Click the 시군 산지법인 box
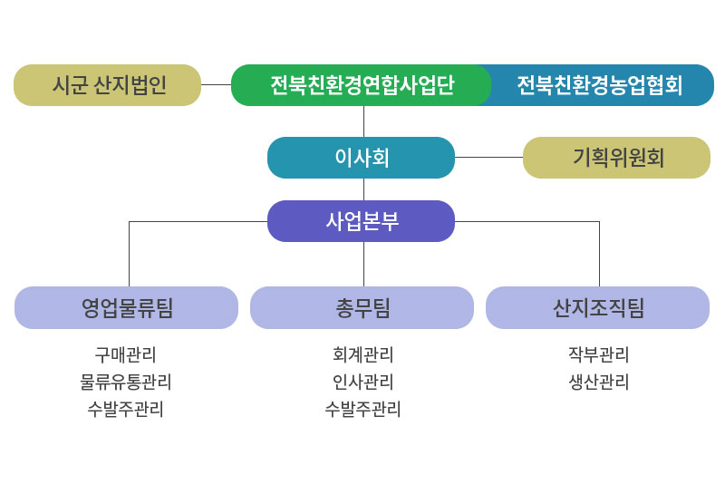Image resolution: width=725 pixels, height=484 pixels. point(107,85)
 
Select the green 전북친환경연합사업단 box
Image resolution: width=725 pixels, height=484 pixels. point(361,85)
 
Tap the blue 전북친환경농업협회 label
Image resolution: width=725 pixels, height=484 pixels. point(600,85)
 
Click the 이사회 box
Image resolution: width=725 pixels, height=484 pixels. point(361,158)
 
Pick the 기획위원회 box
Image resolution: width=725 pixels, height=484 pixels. point(616,158)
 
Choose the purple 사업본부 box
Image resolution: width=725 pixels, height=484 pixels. point(361,221)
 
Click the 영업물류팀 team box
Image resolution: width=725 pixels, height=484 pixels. point(126,308)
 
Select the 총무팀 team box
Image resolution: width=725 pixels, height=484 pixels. point(362,308)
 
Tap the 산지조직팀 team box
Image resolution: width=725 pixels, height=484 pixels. point(597,308)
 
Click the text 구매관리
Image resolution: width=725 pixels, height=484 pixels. point(125,355)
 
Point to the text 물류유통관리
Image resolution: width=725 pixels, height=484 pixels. point(125,382)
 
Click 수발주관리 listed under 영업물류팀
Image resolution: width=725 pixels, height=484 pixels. point(125,409)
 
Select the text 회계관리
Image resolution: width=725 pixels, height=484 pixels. point(363,355)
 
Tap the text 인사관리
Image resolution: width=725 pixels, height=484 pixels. point(363,382)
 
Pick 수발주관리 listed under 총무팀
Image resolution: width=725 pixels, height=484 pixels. point(363,409)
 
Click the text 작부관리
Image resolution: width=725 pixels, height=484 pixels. point(599,355)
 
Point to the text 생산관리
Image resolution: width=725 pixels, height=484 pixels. point(599,382)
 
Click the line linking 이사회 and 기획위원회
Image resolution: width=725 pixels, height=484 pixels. point(488,157)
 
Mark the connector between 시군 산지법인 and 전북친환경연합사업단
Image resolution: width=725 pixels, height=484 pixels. point(216,84)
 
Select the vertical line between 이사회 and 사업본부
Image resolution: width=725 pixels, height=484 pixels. point(364,189)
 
